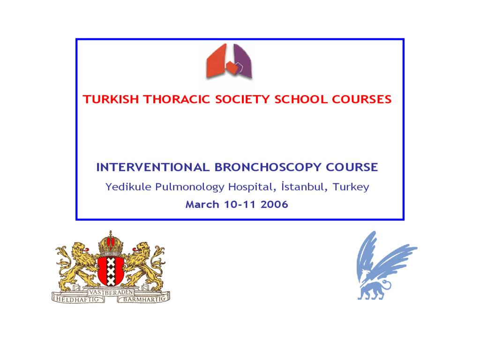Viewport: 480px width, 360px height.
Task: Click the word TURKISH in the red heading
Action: (x=111, y=99)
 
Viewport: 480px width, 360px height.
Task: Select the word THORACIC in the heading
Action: (x=177, y=99)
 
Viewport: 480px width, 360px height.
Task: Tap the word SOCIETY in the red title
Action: (x=242, y=99)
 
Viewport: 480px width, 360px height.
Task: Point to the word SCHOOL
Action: (x=300, y=99)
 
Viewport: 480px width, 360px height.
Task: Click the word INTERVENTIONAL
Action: (x=153, y=167)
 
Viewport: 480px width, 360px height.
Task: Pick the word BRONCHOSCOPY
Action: (x=268, y=167)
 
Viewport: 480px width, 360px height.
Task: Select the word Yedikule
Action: (x=128, y=187)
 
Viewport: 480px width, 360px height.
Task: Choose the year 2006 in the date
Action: (x=274, y=204)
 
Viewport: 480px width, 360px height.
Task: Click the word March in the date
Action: (x=202, y=204)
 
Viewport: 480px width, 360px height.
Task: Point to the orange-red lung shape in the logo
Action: (x=217, y=61)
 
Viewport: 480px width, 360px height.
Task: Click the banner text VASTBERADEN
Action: (x=111, y=292)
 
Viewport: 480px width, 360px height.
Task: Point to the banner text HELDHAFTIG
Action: (x=78, y=299)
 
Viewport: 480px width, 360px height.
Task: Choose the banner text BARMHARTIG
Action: (x=144, y=299)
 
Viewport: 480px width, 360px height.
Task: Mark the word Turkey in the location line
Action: (x=351, y=187)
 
